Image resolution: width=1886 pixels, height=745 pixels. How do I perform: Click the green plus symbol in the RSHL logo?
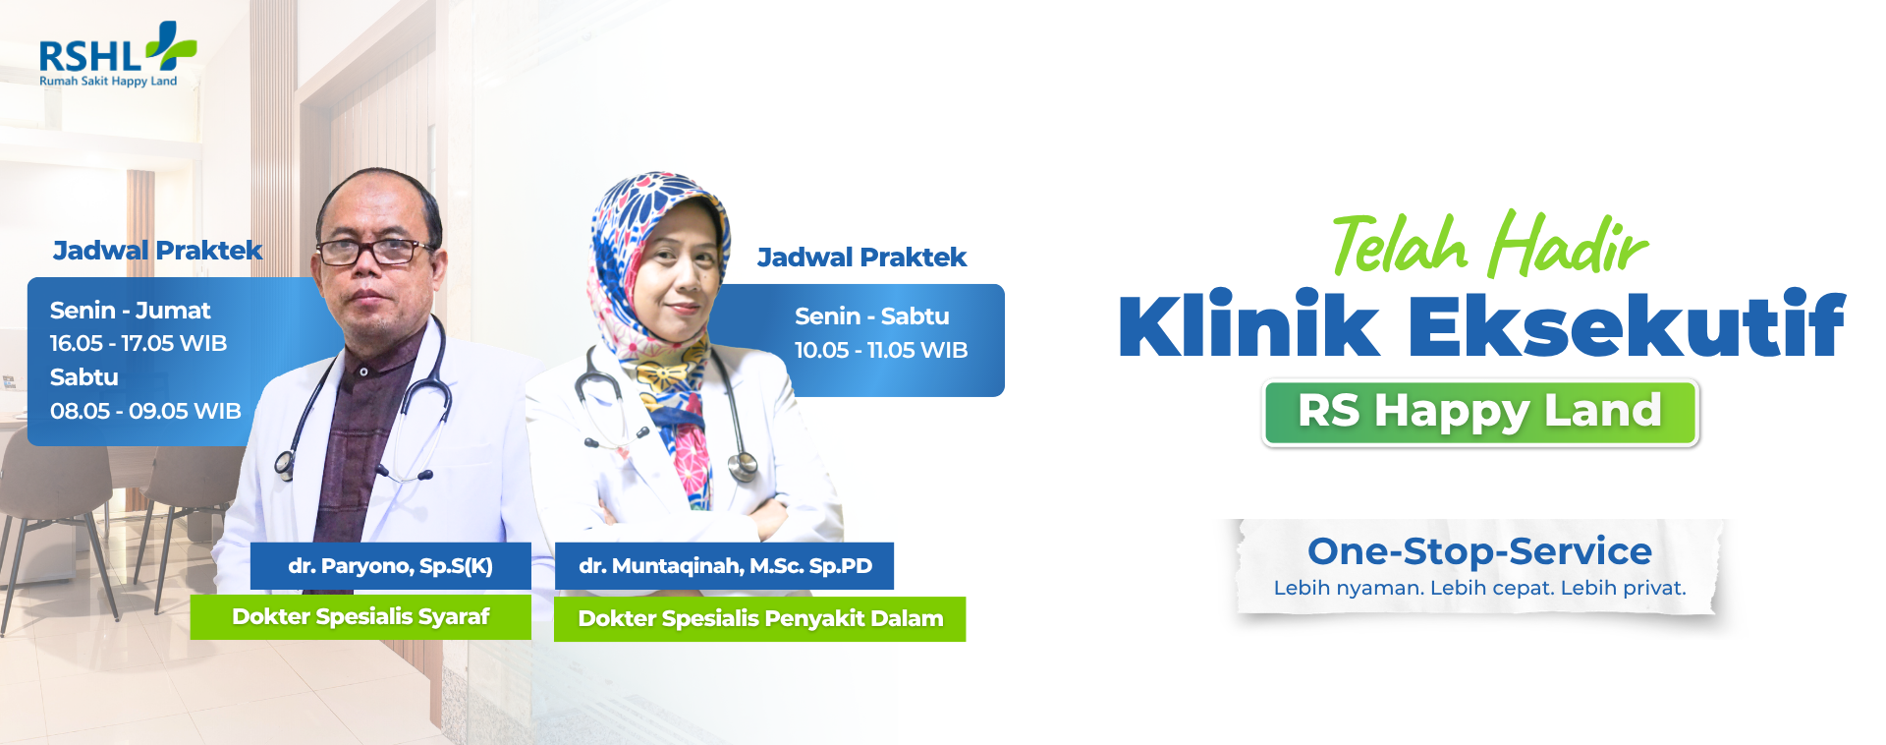[x=172, y=46]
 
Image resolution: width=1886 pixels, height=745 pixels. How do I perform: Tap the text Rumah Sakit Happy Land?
[x=108, y=82]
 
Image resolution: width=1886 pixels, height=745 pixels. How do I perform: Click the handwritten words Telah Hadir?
[x=1489, y=243]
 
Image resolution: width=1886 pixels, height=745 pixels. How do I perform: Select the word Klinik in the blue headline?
[x=1248, y=324]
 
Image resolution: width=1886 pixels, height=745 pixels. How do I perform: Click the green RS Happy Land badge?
[x=1480, y=413]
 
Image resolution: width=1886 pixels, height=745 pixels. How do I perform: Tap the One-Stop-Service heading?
[x=1479, y=551]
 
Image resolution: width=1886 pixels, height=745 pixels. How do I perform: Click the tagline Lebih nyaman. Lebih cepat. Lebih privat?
[x=1479, y=588]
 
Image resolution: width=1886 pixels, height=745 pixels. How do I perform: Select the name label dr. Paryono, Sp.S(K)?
[x=391, y=566]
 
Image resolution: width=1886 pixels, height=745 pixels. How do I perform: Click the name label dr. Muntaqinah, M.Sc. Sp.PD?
[x=725, y=566]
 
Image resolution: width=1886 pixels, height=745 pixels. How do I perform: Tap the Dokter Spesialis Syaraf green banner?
[x=361, y=617]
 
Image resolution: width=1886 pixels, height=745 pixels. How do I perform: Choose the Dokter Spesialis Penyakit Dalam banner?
[x=760, y=619]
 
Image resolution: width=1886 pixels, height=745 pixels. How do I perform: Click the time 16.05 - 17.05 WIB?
[x=139, y=344]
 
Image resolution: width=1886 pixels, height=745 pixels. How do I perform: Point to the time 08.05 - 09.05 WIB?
[x=145, y=411]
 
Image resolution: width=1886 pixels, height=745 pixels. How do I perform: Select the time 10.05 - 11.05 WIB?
[x=881, y=350]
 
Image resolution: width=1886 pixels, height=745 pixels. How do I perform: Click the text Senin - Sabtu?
[x=872, y=316]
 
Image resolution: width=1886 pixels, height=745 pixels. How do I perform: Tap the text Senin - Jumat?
[x=131, y=311]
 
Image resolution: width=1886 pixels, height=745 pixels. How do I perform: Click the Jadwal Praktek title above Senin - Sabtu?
[x=861, y=258]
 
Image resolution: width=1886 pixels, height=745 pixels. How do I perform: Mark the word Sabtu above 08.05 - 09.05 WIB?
[x=84, y=377]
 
